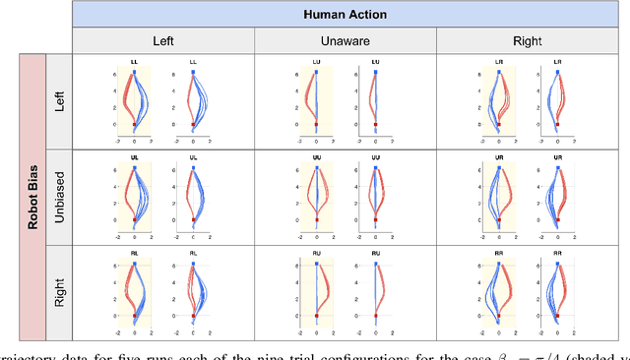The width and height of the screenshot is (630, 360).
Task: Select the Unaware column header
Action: point(346,42)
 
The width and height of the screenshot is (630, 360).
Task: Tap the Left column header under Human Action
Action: point(163,42)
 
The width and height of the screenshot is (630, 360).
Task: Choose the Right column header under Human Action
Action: point(528,42)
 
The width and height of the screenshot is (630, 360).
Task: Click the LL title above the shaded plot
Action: point(134,62)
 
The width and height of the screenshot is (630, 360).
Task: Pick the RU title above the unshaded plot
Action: point(375,253)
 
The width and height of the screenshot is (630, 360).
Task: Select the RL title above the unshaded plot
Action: point(193,253)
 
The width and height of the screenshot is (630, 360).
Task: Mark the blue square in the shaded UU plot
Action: point(316,168)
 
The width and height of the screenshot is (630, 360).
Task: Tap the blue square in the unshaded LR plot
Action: point(558,73)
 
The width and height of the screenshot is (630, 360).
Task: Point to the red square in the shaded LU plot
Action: point(316,125)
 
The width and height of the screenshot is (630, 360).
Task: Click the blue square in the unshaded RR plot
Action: point(558,264)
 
